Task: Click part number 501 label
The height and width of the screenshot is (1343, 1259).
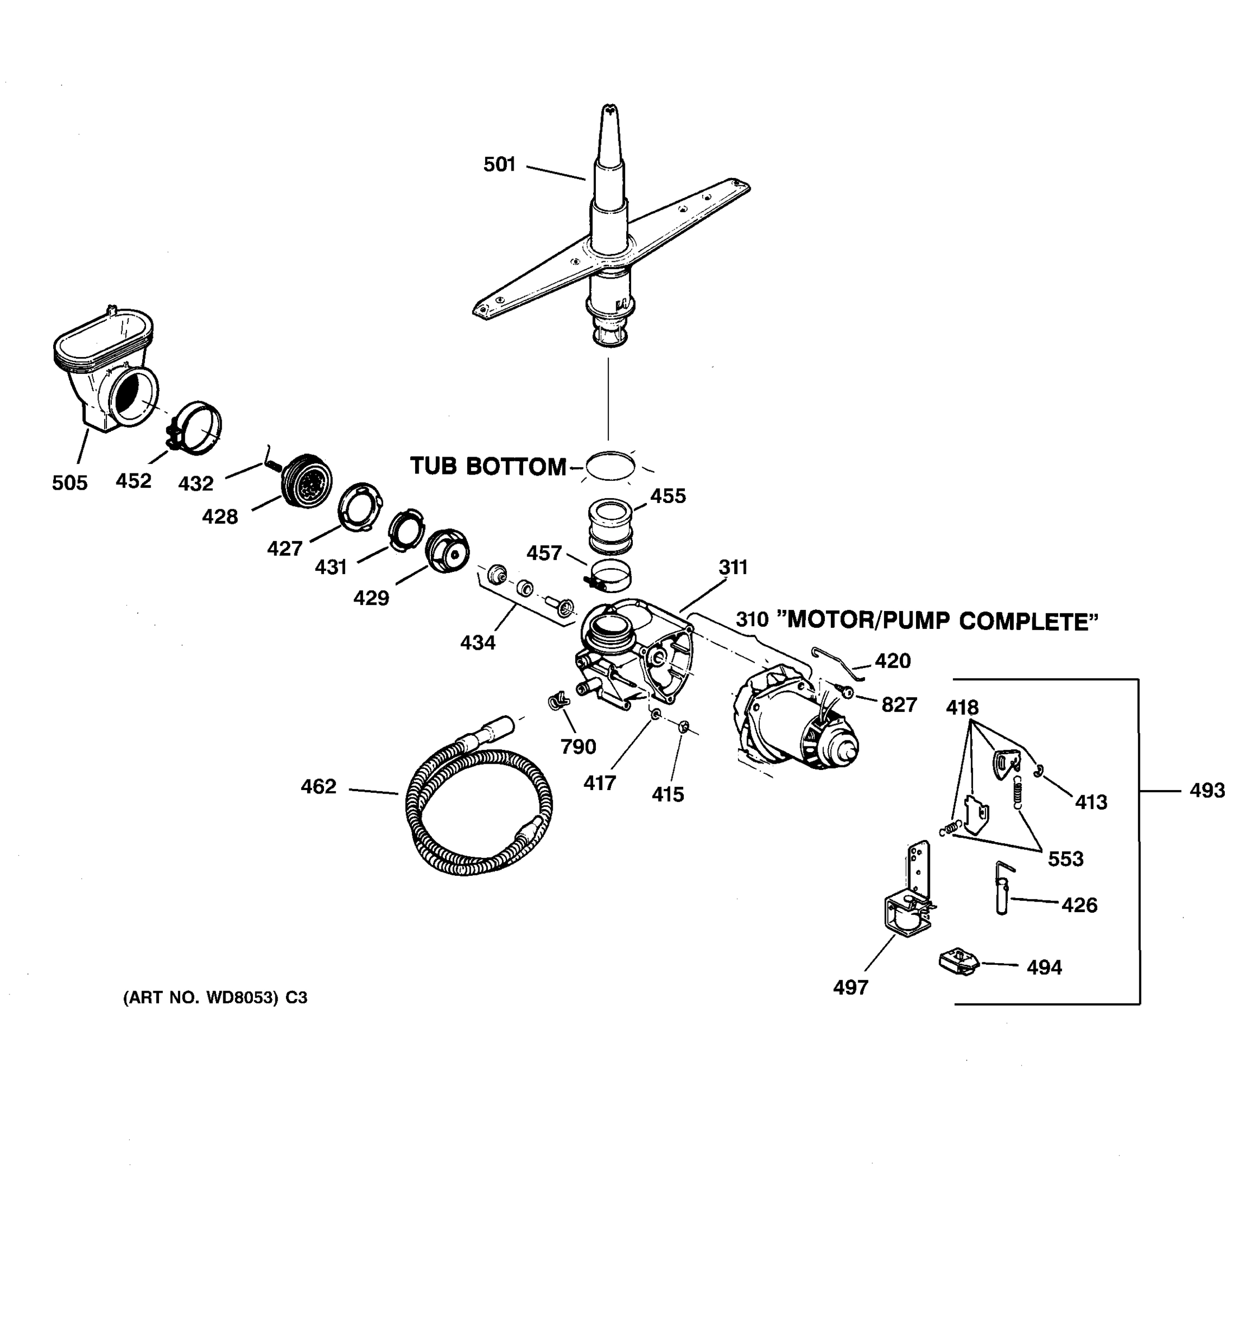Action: click(499, 164)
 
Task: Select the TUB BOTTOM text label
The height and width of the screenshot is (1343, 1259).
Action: click(488, 466)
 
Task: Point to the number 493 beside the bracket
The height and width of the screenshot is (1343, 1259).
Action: click(1207, 790)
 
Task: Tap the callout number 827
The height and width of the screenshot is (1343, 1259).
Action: click(899, 705)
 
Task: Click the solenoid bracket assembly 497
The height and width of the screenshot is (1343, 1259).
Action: click(909, 905)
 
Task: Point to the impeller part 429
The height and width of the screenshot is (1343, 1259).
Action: click(447, 551)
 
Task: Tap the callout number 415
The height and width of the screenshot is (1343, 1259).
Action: click(668, 795)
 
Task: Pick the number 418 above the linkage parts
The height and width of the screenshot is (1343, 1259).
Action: click(962, 707)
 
